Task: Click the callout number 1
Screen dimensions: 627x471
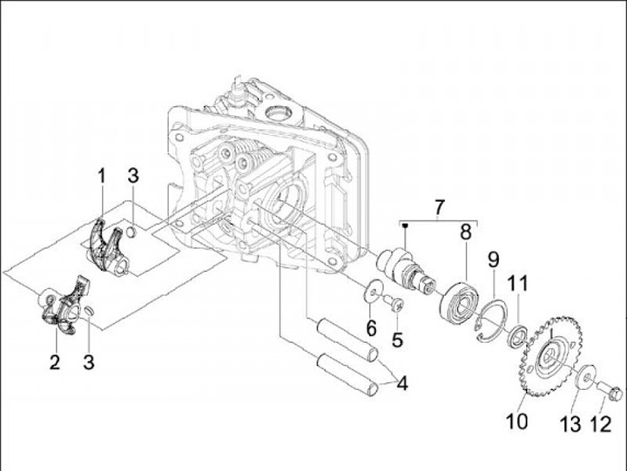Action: [x=102, y=177]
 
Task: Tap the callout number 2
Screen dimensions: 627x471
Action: [x=55, y=362]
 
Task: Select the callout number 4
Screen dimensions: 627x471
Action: [x=402, y=384]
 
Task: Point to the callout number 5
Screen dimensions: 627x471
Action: [x=397, y=340]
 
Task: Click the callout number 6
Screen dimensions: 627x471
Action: [x=372, y=328]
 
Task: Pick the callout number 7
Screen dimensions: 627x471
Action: [x=439, y=207]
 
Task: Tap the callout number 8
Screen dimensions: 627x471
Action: [x=466, y=232]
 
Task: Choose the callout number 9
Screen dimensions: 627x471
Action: [x=494, y=260]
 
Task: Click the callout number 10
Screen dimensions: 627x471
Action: [x=516, y=421]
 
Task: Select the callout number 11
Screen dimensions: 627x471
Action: [x=518, y=283]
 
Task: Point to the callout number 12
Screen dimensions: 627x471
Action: [x=601, y=424]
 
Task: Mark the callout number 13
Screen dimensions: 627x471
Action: [x=570, y=424]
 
